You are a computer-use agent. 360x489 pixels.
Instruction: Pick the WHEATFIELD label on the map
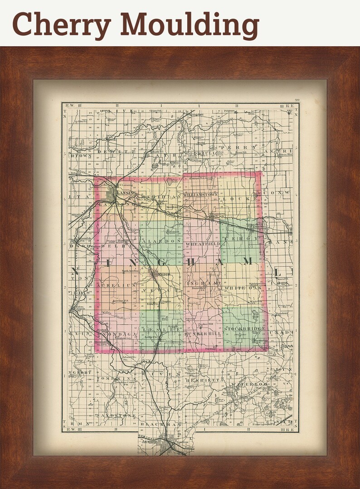tap(202, 244)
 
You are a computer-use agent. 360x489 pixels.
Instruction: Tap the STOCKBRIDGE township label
tap(243, 328)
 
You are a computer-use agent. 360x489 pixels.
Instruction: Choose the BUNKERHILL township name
tap(203, 333)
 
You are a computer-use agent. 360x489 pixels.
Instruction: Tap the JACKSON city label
tap(148, 440)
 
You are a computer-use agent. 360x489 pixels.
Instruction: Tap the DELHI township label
tap(113, 245)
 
